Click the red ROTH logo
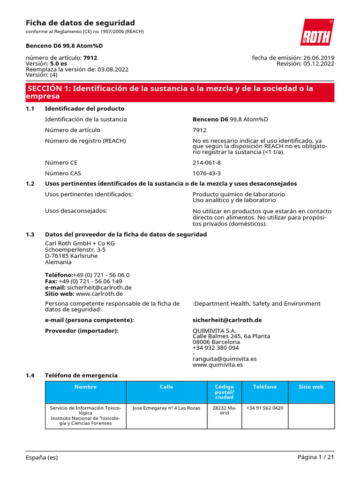pyautogui.click(x=317, y=32)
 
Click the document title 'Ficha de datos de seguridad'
pyautogui.click(x=80, y=23)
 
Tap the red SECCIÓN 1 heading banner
pyautogui.click(x=180, y=92)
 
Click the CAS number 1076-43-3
pyautogui.click(x=207, y=173)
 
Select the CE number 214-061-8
pyautogui.click(x=207, y=162)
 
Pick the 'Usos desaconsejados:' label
pyautogui.click(x=76, y=211)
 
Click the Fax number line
pyautogui.click(x=83, y=281)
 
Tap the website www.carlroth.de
pyautogui.click(x=99, y=294)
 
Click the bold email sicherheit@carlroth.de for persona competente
pyautogui.click(x=227, y=320)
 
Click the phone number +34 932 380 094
pyautogui.click(x=216, y=348)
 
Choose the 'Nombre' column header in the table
pyautogui.click(x=85, y=387)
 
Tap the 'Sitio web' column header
pyautogui.click(x=311, y=387)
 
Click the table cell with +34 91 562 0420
pyautogui.click(x=264, y=408)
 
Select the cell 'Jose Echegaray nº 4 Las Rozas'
pyautogui.click(x=166, y=408)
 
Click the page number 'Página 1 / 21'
pyautogui.click(x=315, y=457)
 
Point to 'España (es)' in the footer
pyautogui.click(x=42, y=457)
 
